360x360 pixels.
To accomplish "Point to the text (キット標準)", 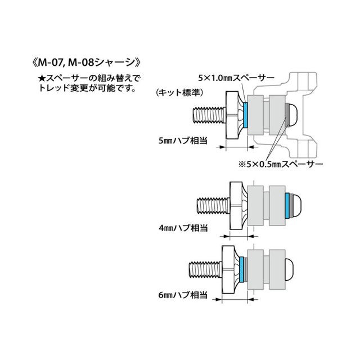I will tap(181, 91).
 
